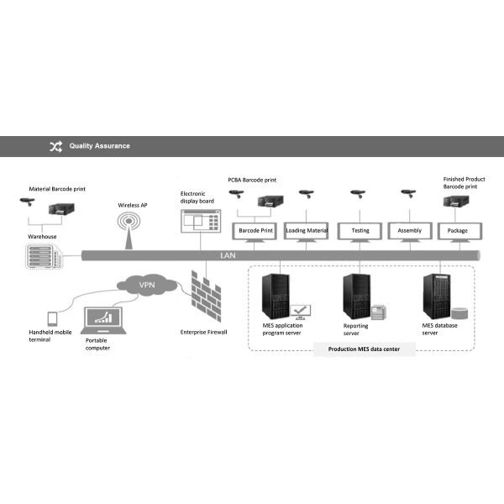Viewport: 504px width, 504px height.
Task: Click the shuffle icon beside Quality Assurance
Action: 55,146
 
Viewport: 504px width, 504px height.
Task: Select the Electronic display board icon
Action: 199,223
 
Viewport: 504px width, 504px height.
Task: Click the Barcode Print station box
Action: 255,230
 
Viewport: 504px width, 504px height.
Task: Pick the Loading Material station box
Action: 307,230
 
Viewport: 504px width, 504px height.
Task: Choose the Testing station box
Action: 360,230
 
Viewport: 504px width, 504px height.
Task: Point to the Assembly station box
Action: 409,230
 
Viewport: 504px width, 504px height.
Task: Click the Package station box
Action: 458,230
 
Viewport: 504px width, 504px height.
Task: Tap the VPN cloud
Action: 146,286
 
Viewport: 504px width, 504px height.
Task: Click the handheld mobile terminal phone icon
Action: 52,319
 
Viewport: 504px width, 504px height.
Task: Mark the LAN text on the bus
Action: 228,255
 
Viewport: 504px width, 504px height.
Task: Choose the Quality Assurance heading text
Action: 100,146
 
